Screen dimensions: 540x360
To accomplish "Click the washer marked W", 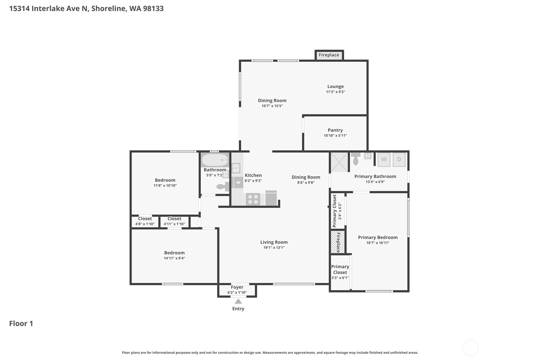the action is coord(384,159).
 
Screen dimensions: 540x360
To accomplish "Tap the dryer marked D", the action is coord(399,159).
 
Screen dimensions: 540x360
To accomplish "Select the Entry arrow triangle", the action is coord(238,301).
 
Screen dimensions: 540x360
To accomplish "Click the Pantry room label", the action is coord(335,130).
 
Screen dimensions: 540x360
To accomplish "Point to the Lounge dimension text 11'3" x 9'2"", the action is coord(336,92).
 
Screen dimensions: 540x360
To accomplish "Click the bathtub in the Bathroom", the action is coord(215,160).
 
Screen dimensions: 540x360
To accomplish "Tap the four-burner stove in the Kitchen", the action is coord(253,199).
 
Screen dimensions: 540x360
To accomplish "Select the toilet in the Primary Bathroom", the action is coord(355,159).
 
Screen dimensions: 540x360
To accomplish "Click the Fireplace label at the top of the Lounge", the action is coord(329,55).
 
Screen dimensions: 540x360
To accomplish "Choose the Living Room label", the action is coord(274,242).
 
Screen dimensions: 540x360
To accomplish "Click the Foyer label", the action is coord(237,287).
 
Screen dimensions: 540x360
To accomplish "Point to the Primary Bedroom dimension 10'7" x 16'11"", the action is coord(378,243).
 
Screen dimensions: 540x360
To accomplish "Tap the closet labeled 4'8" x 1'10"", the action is coord(145,221).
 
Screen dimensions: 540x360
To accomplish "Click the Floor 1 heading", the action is coord(21,323).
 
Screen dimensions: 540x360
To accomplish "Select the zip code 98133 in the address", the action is coord(153,9).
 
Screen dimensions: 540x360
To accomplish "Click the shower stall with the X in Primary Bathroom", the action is coord(339,162).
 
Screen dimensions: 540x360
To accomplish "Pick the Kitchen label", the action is coord(253,175).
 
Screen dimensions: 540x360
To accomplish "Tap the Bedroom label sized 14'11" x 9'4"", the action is coord(174,253).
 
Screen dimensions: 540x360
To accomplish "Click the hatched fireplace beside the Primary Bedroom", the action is coord(338,242).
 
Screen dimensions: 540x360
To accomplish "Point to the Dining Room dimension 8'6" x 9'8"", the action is coord(306,182).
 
